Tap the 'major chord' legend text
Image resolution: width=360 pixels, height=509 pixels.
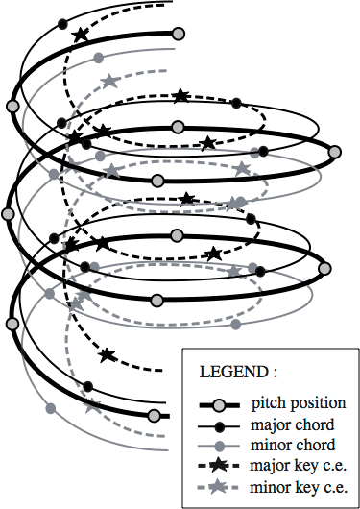pyautogui.click(x=294, y=424)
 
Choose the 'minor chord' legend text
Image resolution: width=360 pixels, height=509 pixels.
pyautogui.click(x=294, y=445)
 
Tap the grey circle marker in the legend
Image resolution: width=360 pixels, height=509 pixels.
pyautogui.click(x=219, y=403)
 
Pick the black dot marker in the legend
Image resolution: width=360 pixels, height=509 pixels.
pyautogui.click(x=219, y=424)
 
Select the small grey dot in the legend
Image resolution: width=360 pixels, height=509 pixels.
pyautogui.click(x=219, y=446)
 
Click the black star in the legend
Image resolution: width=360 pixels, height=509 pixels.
pyautogui.click(x=219, y=467)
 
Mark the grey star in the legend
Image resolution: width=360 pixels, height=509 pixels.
pyautogui.click(x=219, y=488)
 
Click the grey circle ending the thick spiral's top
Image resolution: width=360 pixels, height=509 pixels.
pyautogui.click(x=178, y=34)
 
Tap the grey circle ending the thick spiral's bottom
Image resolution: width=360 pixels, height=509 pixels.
pyautogui.click(x=154, y=415)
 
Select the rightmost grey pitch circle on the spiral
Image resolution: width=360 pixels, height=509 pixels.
pyautogui.click(x=334, y=150)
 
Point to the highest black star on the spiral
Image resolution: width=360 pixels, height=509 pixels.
pyautogui.click(x=80, y=36)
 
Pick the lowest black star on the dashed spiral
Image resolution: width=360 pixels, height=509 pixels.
pyautogui.click(x=107, y=355)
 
